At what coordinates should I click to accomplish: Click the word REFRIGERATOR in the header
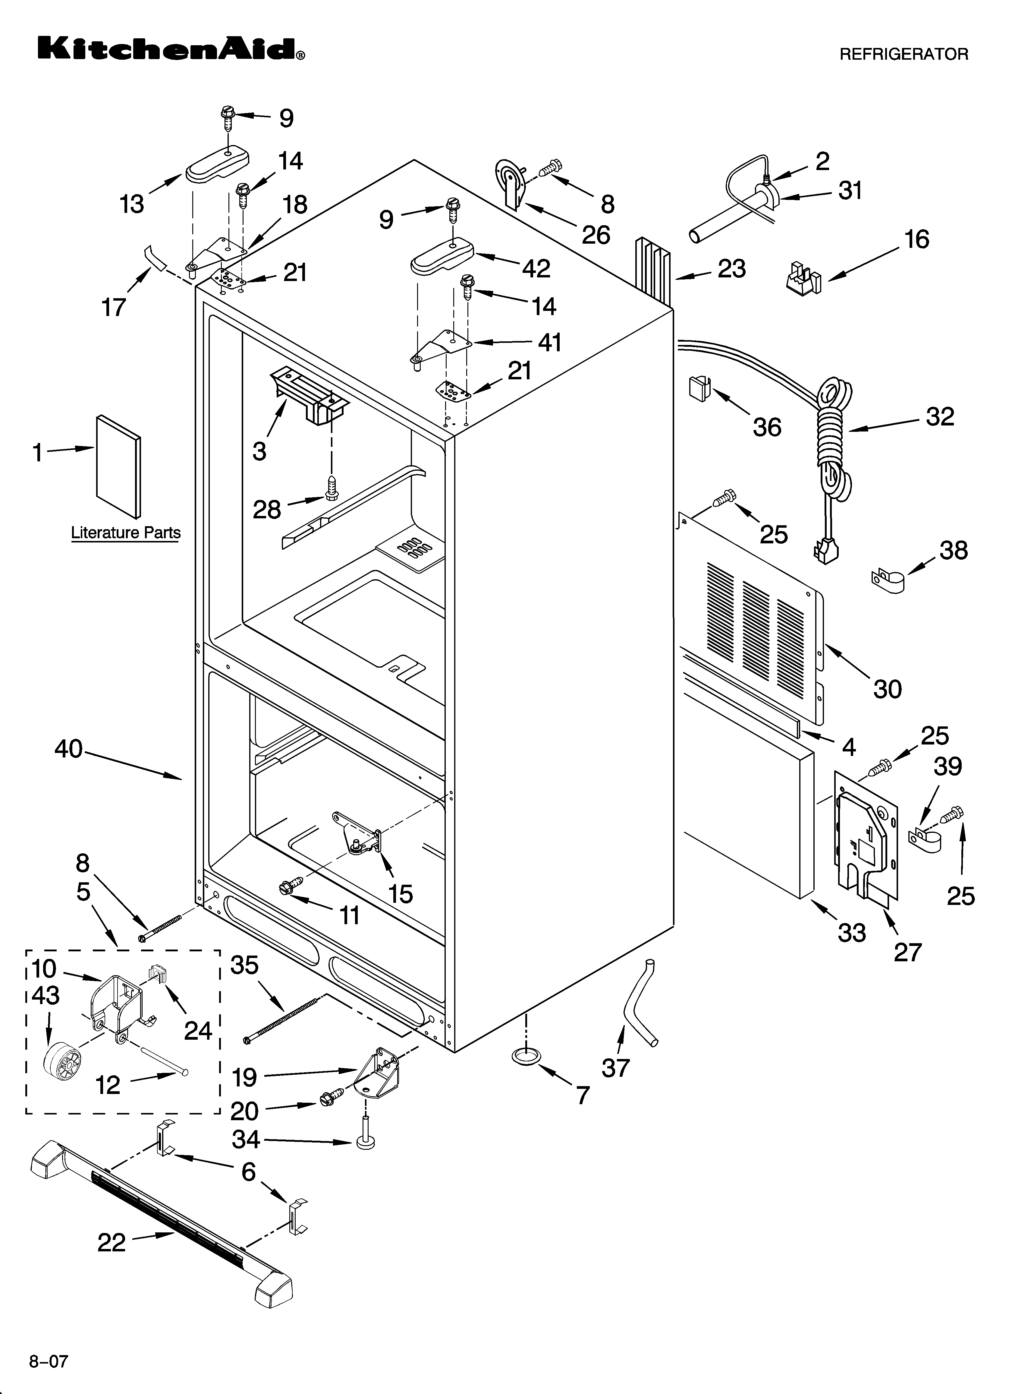pos(903,54)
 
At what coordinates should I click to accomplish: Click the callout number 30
pos(887,689)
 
